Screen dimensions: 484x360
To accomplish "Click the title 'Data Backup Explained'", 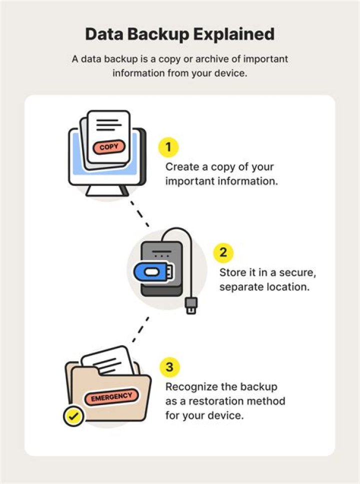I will point(179,34).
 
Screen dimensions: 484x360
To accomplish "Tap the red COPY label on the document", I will point(109,147).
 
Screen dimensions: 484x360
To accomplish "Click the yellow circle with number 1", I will point(168,147).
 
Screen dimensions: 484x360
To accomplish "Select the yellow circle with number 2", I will point(223,253).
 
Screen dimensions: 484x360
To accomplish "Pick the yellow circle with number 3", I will point(169,368).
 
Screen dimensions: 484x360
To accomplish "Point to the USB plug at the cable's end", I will point(191,305).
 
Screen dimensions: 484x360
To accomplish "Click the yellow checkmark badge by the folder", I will point(74,417).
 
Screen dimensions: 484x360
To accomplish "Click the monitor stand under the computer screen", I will point(106,190).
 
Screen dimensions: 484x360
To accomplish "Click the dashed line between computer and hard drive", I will point(139,213).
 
